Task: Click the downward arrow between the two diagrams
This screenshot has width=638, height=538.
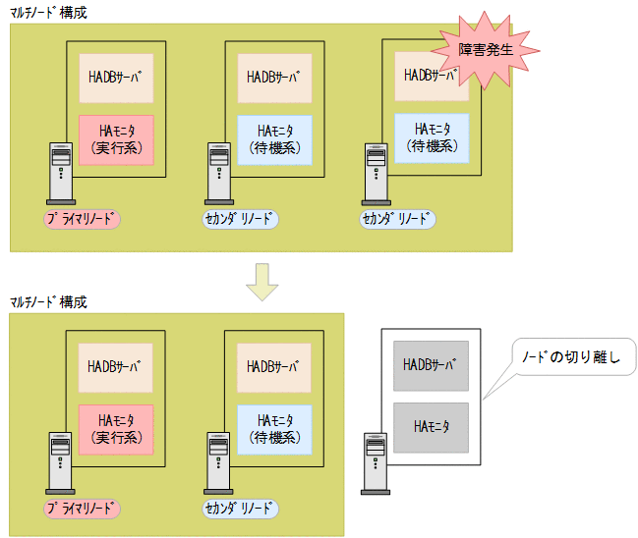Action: [262, 281]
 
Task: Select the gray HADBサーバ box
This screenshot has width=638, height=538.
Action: [431, 365]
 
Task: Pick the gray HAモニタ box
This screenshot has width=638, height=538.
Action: [431, 427]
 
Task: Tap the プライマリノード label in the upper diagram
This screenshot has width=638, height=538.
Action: [82, 219]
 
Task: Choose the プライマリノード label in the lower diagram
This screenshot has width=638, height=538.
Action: [82, 509]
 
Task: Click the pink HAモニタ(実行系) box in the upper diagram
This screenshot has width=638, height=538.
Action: [116, 139]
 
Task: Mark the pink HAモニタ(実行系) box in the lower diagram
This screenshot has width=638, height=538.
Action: [116, 428]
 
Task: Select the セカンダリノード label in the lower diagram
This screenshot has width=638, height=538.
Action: [241, 509]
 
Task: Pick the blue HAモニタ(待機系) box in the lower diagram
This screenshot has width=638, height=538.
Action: [274, 428]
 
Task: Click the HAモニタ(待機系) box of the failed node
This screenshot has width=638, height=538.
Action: [433, 137]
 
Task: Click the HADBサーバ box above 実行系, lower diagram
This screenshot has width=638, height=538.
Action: [116, 367]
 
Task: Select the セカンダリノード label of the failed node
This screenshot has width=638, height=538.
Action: [398, 218]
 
